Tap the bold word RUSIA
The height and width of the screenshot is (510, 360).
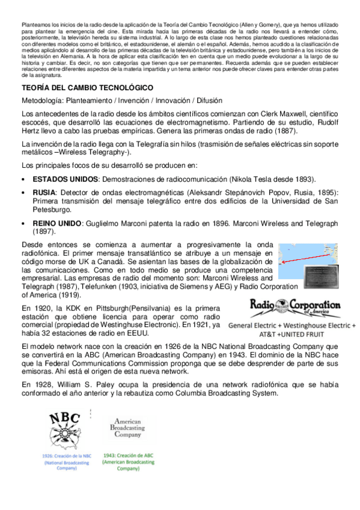click(44, 192)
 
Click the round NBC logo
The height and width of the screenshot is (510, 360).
click(67, 428)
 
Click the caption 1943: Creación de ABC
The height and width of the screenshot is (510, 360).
click(127, 456)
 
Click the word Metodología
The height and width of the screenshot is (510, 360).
click(41, 100)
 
